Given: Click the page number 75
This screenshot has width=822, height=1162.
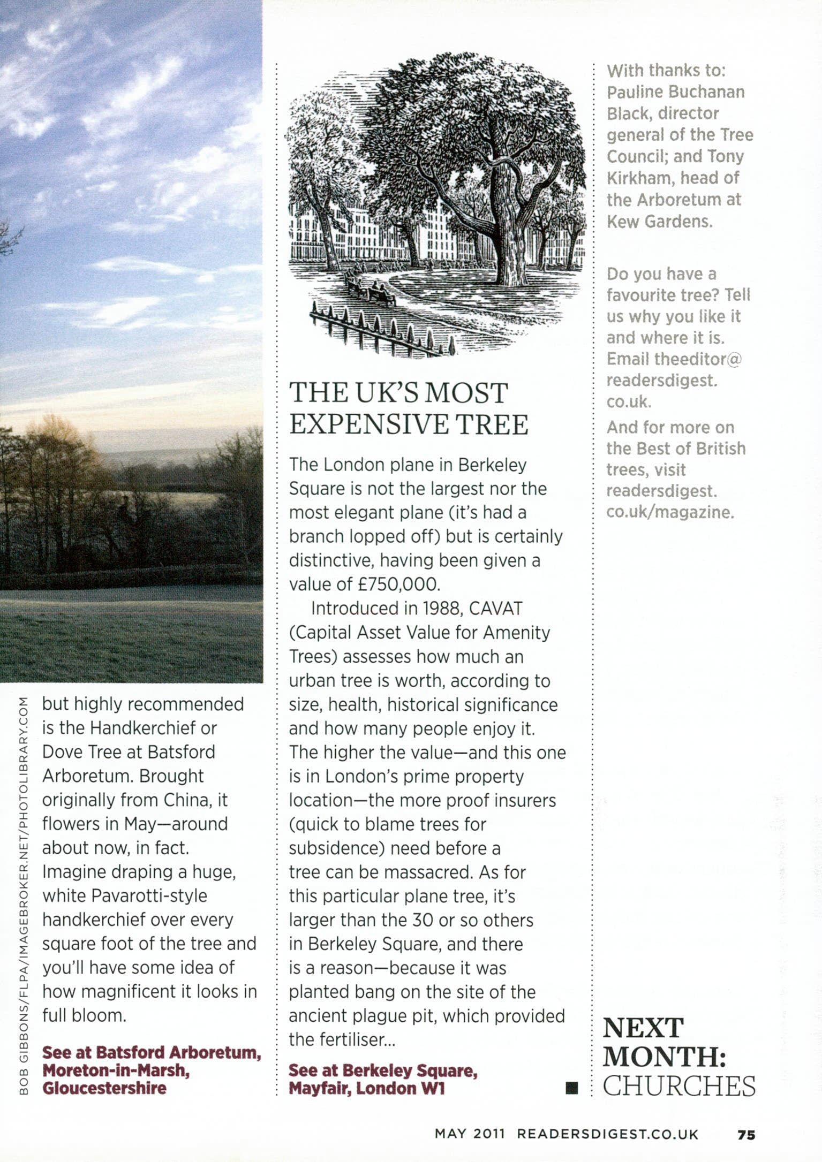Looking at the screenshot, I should click(x=746, y=1135).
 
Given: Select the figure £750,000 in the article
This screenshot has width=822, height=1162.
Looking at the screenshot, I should click(x=398, y=584).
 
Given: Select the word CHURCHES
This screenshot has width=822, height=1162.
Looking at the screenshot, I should click(x=679, y=1087).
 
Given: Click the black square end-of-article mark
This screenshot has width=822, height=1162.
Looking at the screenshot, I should click(x=572, y=1087).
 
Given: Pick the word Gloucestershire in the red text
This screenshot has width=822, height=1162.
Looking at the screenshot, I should click(x=104, y=1088).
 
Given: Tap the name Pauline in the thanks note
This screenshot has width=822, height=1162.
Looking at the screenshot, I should click(x=635, y=92).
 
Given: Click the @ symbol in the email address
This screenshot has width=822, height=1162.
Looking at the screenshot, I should click(x=734, y=359).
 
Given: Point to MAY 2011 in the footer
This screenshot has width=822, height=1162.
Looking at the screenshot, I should click(x=470, y=1135).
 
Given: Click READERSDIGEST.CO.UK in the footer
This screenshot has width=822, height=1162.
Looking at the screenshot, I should click(x=607, y=1135).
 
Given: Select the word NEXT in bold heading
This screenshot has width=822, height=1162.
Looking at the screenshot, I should click(x=643, y=1029).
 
